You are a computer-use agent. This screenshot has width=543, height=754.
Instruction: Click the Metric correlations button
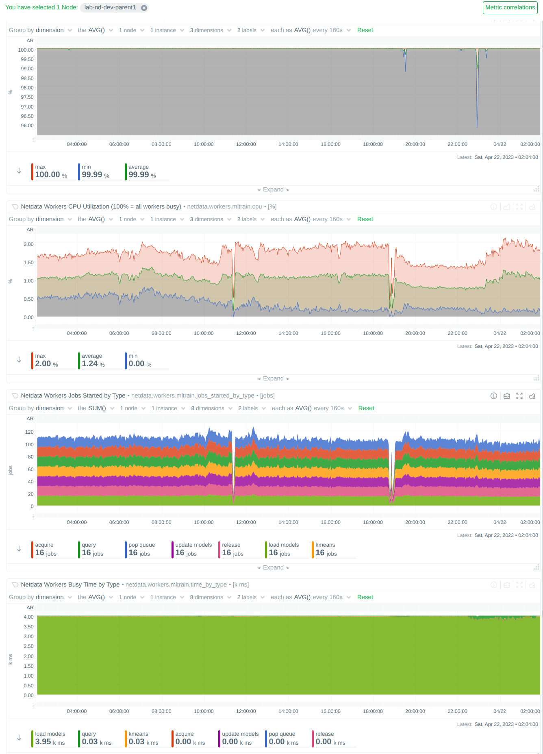510,7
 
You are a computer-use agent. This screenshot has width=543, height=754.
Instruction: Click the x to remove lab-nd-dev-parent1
144,8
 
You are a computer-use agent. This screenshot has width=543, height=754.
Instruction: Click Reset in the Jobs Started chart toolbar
366,408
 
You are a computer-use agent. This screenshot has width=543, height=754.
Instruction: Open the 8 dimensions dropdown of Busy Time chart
210,597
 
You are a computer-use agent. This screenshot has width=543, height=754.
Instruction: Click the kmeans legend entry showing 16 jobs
326,549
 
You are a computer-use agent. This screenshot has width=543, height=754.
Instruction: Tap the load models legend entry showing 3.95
50,738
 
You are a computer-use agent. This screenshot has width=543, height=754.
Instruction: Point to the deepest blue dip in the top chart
477,126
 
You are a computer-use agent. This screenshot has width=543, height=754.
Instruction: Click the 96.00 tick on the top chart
27,126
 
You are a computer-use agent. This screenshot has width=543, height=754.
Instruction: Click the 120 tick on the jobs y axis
29,432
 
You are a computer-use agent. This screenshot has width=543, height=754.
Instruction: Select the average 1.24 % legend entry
93,360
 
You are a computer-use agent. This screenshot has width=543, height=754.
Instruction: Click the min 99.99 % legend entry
95,171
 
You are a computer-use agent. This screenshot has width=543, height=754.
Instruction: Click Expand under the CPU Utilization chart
273,378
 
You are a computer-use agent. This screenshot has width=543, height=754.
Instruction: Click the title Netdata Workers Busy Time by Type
70,585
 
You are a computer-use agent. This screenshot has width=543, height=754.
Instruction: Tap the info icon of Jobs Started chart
493,396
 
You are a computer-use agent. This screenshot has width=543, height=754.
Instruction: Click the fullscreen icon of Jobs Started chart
519,396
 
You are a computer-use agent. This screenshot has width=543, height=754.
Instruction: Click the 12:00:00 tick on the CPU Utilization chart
246,333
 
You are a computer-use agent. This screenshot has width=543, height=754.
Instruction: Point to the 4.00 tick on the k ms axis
28,617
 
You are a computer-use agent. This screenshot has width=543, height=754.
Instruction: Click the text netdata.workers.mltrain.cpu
224,206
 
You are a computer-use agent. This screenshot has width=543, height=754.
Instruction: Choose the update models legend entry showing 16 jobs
193,549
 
